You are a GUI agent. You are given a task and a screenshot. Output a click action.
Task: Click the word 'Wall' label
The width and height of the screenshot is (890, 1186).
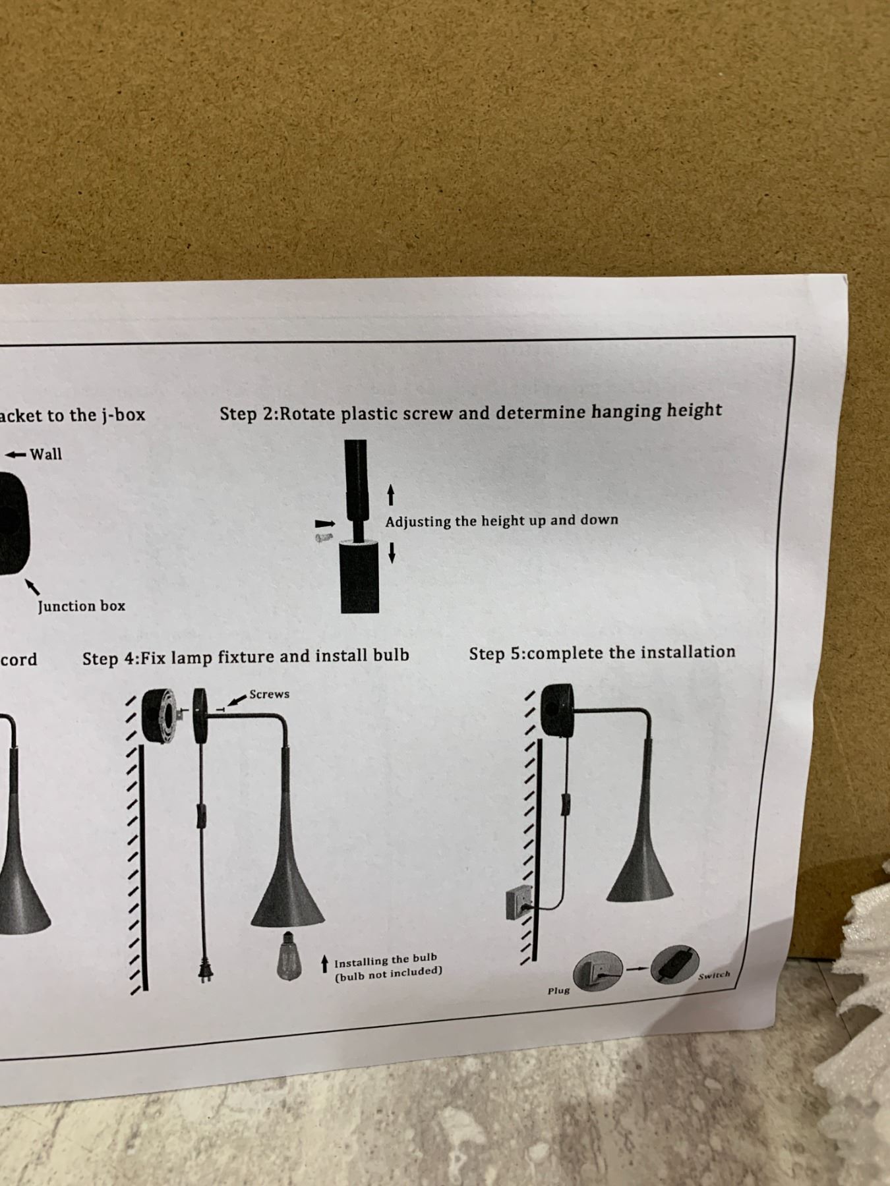coord(45,453)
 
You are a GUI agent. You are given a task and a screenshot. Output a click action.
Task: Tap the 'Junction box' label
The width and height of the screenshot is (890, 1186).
coord(81,606)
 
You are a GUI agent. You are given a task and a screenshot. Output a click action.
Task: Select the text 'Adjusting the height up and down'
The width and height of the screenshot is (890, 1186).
coord(502,521)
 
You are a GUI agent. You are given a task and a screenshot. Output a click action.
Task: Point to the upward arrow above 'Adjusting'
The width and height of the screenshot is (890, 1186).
coord(391,495)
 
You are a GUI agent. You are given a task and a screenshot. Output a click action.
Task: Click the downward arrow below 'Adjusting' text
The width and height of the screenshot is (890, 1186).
coord(392,552)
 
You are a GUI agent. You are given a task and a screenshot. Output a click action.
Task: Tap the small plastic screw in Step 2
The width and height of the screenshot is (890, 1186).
coord(323,538)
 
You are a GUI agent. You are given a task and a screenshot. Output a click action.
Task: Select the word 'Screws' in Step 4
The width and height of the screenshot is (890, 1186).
coord(269,694)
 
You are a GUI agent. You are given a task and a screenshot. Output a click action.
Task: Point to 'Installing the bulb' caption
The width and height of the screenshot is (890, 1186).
coord(385,959)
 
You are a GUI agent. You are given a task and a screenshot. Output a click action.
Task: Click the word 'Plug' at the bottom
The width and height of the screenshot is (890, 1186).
coord(558,990)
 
